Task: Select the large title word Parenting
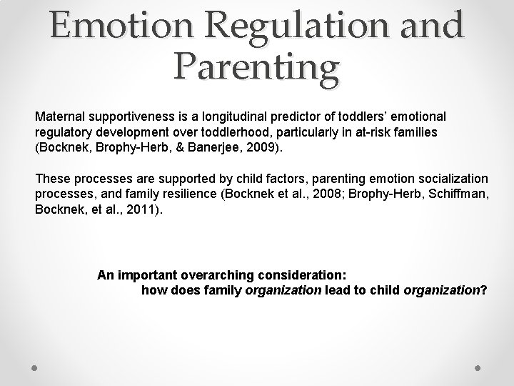(x=256, y=67)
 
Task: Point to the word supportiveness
(x=133, y=115)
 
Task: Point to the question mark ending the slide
(x=484, y=290)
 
